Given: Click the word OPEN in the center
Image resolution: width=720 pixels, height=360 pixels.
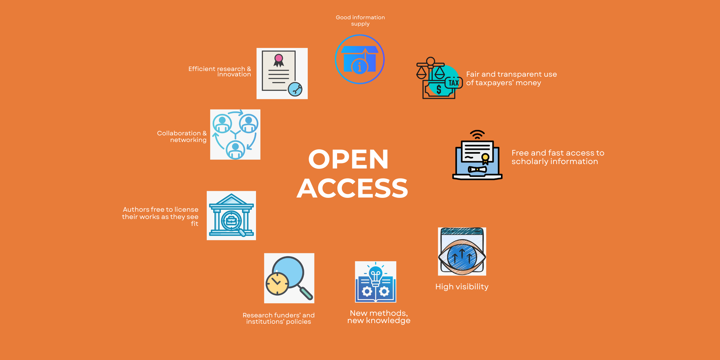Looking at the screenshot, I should point(348,159).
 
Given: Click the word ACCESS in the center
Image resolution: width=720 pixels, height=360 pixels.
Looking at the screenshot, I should point(352,188).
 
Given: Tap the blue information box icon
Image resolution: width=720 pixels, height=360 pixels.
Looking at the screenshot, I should point(360,59).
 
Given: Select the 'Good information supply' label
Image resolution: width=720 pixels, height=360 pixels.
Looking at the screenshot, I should point(360,21).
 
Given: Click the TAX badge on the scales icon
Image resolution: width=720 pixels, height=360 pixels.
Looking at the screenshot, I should point(454,83).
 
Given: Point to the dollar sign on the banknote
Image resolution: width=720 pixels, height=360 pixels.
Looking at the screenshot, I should point(439,90).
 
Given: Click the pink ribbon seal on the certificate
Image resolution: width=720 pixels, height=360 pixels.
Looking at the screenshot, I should point(279,58).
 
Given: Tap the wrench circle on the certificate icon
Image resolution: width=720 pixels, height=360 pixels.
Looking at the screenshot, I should point(295,89).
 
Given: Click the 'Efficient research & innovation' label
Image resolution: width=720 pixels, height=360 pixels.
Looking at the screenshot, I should point(220,72).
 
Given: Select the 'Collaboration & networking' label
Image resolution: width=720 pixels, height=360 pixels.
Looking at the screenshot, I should point(182,136).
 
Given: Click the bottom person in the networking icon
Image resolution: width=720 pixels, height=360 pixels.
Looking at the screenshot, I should point(235,150).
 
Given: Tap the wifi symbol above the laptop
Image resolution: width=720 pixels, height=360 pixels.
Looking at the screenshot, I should point(477,135).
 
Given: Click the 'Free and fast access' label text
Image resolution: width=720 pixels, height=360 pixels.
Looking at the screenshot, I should point(558,157).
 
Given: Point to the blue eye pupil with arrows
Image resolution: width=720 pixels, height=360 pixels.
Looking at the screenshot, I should point(462,256).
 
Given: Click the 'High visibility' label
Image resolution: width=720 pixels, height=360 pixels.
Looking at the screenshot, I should point(462,286).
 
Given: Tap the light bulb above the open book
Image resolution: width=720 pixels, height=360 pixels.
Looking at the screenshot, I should point(376,274).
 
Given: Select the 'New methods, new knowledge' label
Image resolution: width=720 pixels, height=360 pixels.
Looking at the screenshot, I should point(379,317).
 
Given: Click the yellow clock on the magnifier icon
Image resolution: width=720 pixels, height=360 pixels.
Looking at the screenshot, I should point(277,283).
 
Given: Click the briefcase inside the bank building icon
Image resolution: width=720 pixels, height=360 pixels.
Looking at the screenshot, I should point(231,221).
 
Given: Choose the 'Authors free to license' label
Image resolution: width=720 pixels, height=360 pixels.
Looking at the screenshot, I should point(160,216).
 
